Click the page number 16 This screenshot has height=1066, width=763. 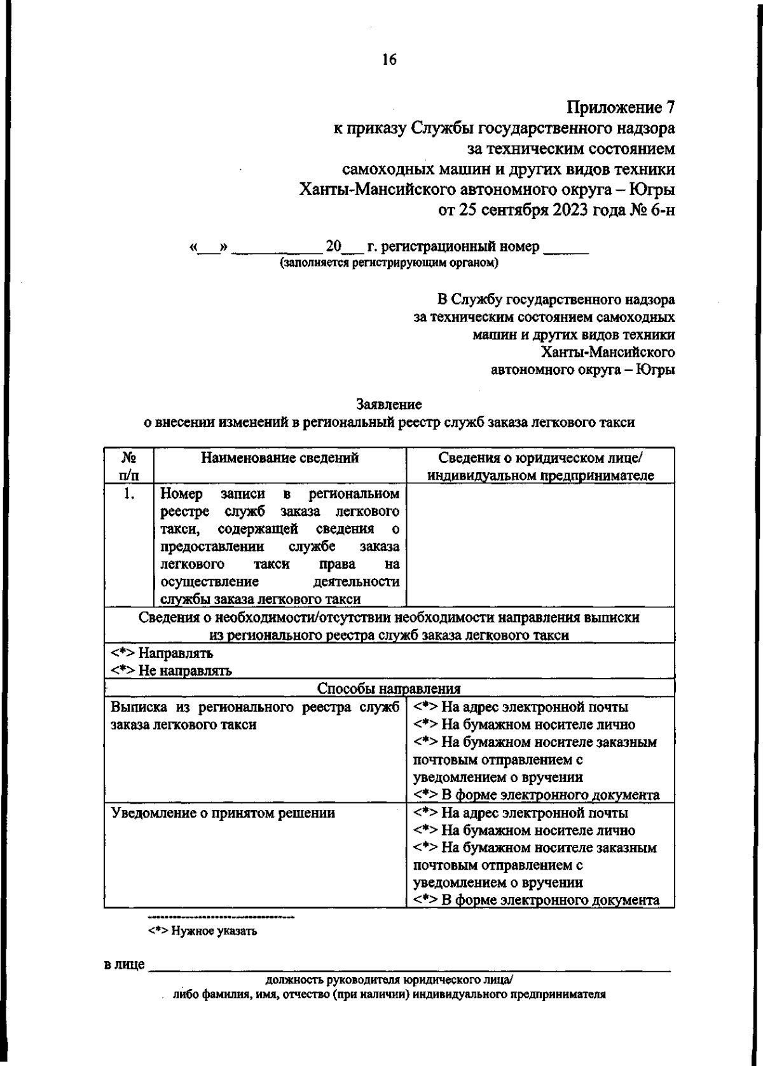389,60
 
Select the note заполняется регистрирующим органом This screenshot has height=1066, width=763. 389,262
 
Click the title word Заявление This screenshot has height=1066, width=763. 389,404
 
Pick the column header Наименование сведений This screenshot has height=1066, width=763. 280,458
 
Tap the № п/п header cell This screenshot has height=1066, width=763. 129,466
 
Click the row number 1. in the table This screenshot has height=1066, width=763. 129,494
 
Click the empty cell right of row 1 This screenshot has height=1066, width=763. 540,545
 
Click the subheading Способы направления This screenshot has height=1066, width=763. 388,689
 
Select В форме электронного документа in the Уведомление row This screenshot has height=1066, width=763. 536,900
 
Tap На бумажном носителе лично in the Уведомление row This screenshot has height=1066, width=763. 525,830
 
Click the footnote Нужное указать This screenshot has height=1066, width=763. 202,932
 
